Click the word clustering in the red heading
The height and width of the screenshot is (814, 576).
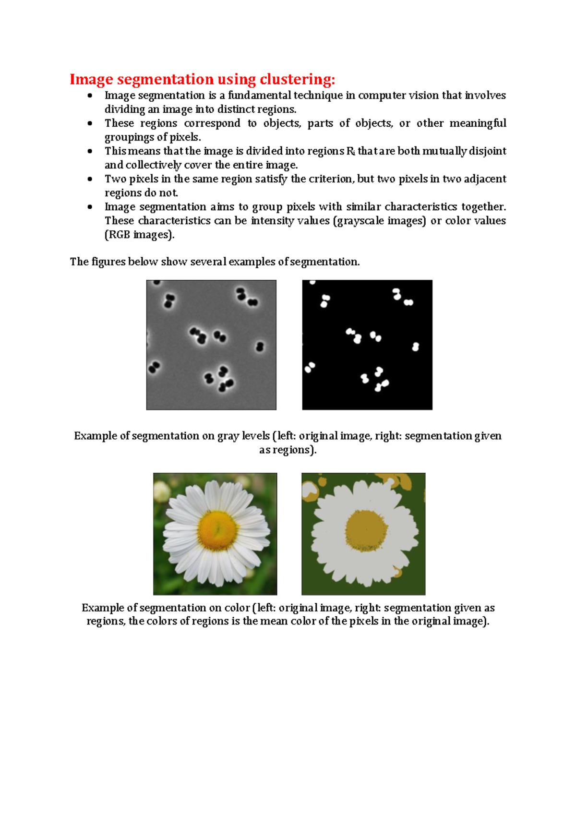pos(297,79)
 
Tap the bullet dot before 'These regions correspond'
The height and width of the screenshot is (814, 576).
pos(90,123)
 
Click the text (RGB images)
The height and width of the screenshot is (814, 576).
pos(140,235)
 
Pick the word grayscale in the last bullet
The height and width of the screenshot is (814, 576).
pos(360,221)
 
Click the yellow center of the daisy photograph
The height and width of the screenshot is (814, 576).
pos(217,530)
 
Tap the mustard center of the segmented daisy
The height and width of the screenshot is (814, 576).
pos(366,530)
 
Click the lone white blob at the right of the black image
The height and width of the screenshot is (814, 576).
pos(416,347)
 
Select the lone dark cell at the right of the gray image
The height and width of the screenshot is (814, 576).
pos(260,346)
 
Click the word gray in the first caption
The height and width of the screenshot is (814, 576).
pos(228,436)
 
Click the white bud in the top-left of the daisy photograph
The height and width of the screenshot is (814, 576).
pos(161,491)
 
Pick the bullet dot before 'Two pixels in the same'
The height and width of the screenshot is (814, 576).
pos(90,179)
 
